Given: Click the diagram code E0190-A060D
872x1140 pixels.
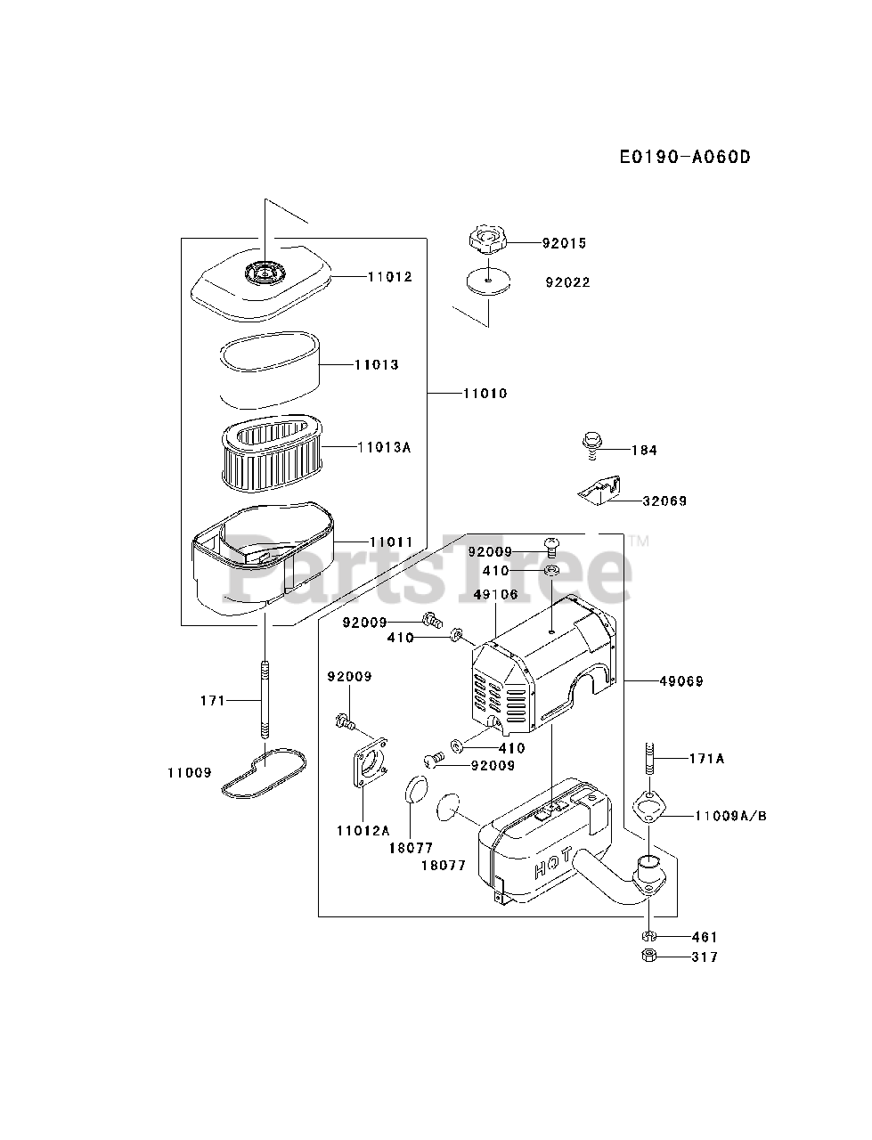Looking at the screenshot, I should point(685,158).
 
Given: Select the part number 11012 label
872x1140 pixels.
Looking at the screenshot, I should point(389,277).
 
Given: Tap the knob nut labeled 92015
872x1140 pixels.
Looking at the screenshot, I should point(488,241).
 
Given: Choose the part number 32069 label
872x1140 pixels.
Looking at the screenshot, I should point(664,501).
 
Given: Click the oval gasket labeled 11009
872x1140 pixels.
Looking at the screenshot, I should point(264,770).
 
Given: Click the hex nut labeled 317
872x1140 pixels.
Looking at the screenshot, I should point(649,957).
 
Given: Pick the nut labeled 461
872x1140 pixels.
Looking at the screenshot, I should point(649,936).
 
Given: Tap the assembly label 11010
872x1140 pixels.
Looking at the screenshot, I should point(485,393).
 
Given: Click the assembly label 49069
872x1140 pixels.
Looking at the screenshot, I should point(680,681).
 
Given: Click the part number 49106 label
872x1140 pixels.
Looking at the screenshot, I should point(496,595).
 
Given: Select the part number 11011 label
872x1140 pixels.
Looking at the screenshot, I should point(391,541).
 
